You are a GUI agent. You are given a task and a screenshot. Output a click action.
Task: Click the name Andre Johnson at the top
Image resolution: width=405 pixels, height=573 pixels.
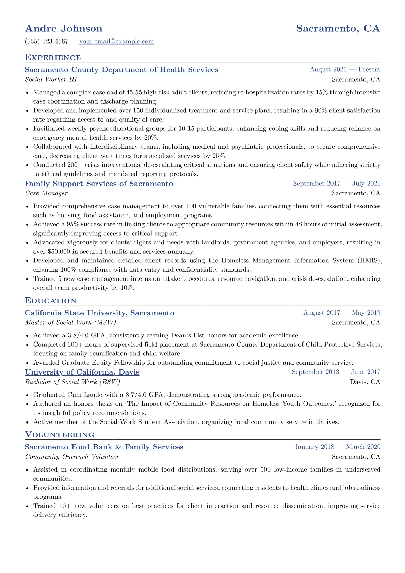(64, 28)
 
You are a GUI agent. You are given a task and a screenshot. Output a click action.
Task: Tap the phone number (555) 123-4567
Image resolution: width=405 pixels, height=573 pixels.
(47, 42)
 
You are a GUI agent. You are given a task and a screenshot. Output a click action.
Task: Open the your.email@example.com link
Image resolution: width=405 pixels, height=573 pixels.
(116, 42)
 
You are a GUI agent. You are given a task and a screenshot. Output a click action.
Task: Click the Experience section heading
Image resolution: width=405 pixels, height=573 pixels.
(53, 58)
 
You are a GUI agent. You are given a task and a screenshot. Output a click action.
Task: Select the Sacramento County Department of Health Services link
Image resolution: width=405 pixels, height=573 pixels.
(121, 70)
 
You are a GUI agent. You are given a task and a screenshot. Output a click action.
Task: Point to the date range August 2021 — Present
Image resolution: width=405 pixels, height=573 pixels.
(345, 70)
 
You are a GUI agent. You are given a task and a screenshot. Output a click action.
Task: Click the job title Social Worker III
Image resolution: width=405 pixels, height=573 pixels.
(51, 80)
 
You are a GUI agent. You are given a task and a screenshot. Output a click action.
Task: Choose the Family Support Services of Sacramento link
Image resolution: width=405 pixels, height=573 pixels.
(99, 184)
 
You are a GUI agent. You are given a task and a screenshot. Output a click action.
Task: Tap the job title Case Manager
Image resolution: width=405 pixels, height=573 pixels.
(46, 193)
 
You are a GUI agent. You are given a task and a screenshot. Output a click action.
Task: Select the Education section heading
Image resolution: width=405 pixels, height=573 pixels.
(50, 301)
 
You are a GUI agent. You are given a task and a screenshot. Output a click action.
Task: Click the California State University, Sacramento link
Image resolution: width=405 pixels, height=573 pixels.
(99, 313)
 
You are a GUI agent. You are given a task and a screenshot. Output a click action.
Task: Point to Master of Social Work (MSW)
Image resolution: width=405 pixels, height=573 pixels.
(70, 322)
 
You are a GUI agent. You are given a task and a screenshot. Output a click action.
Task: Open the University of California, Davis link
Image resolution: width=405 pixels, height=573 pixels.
(82, 372)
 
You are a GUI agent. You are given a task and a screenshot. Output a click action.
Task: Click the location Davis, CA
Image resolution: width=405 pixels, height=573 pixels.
(365, 382)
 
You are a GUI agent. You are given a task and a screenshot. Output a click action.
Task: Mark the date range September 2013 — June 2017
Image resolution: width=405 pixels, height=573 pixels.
(336, 372)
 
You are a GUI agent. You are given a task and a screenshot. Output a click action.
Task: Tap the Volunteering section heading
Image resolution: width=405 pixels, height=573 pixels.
(60, 435)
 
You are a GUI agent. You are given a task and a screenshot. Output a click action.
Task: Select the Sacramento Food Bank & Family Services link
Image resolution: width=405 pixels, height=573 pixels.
(104, 447)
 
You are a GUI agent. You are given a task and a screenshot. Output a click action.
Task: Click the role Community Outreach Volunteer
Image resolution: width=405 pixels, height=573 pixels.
(72, 457)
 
